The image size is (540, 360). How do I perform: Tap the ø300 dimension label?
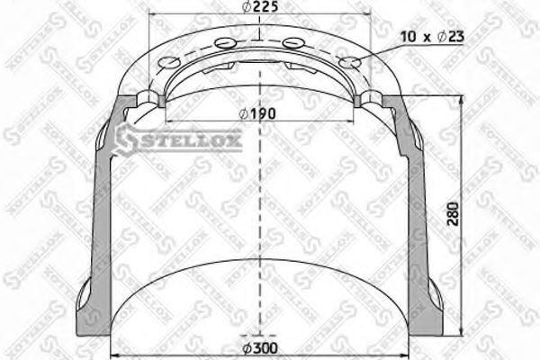point(261,348)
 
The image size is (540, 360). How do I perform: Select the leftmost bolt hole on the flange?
point(166,62)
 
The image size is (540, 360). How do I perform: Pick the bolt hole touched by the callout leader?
point(352,62)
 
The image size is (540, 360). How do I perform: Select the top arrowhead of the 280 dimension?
point(461,100)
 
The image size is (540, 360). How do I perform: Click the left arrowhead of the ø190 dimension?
point(167,122)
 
